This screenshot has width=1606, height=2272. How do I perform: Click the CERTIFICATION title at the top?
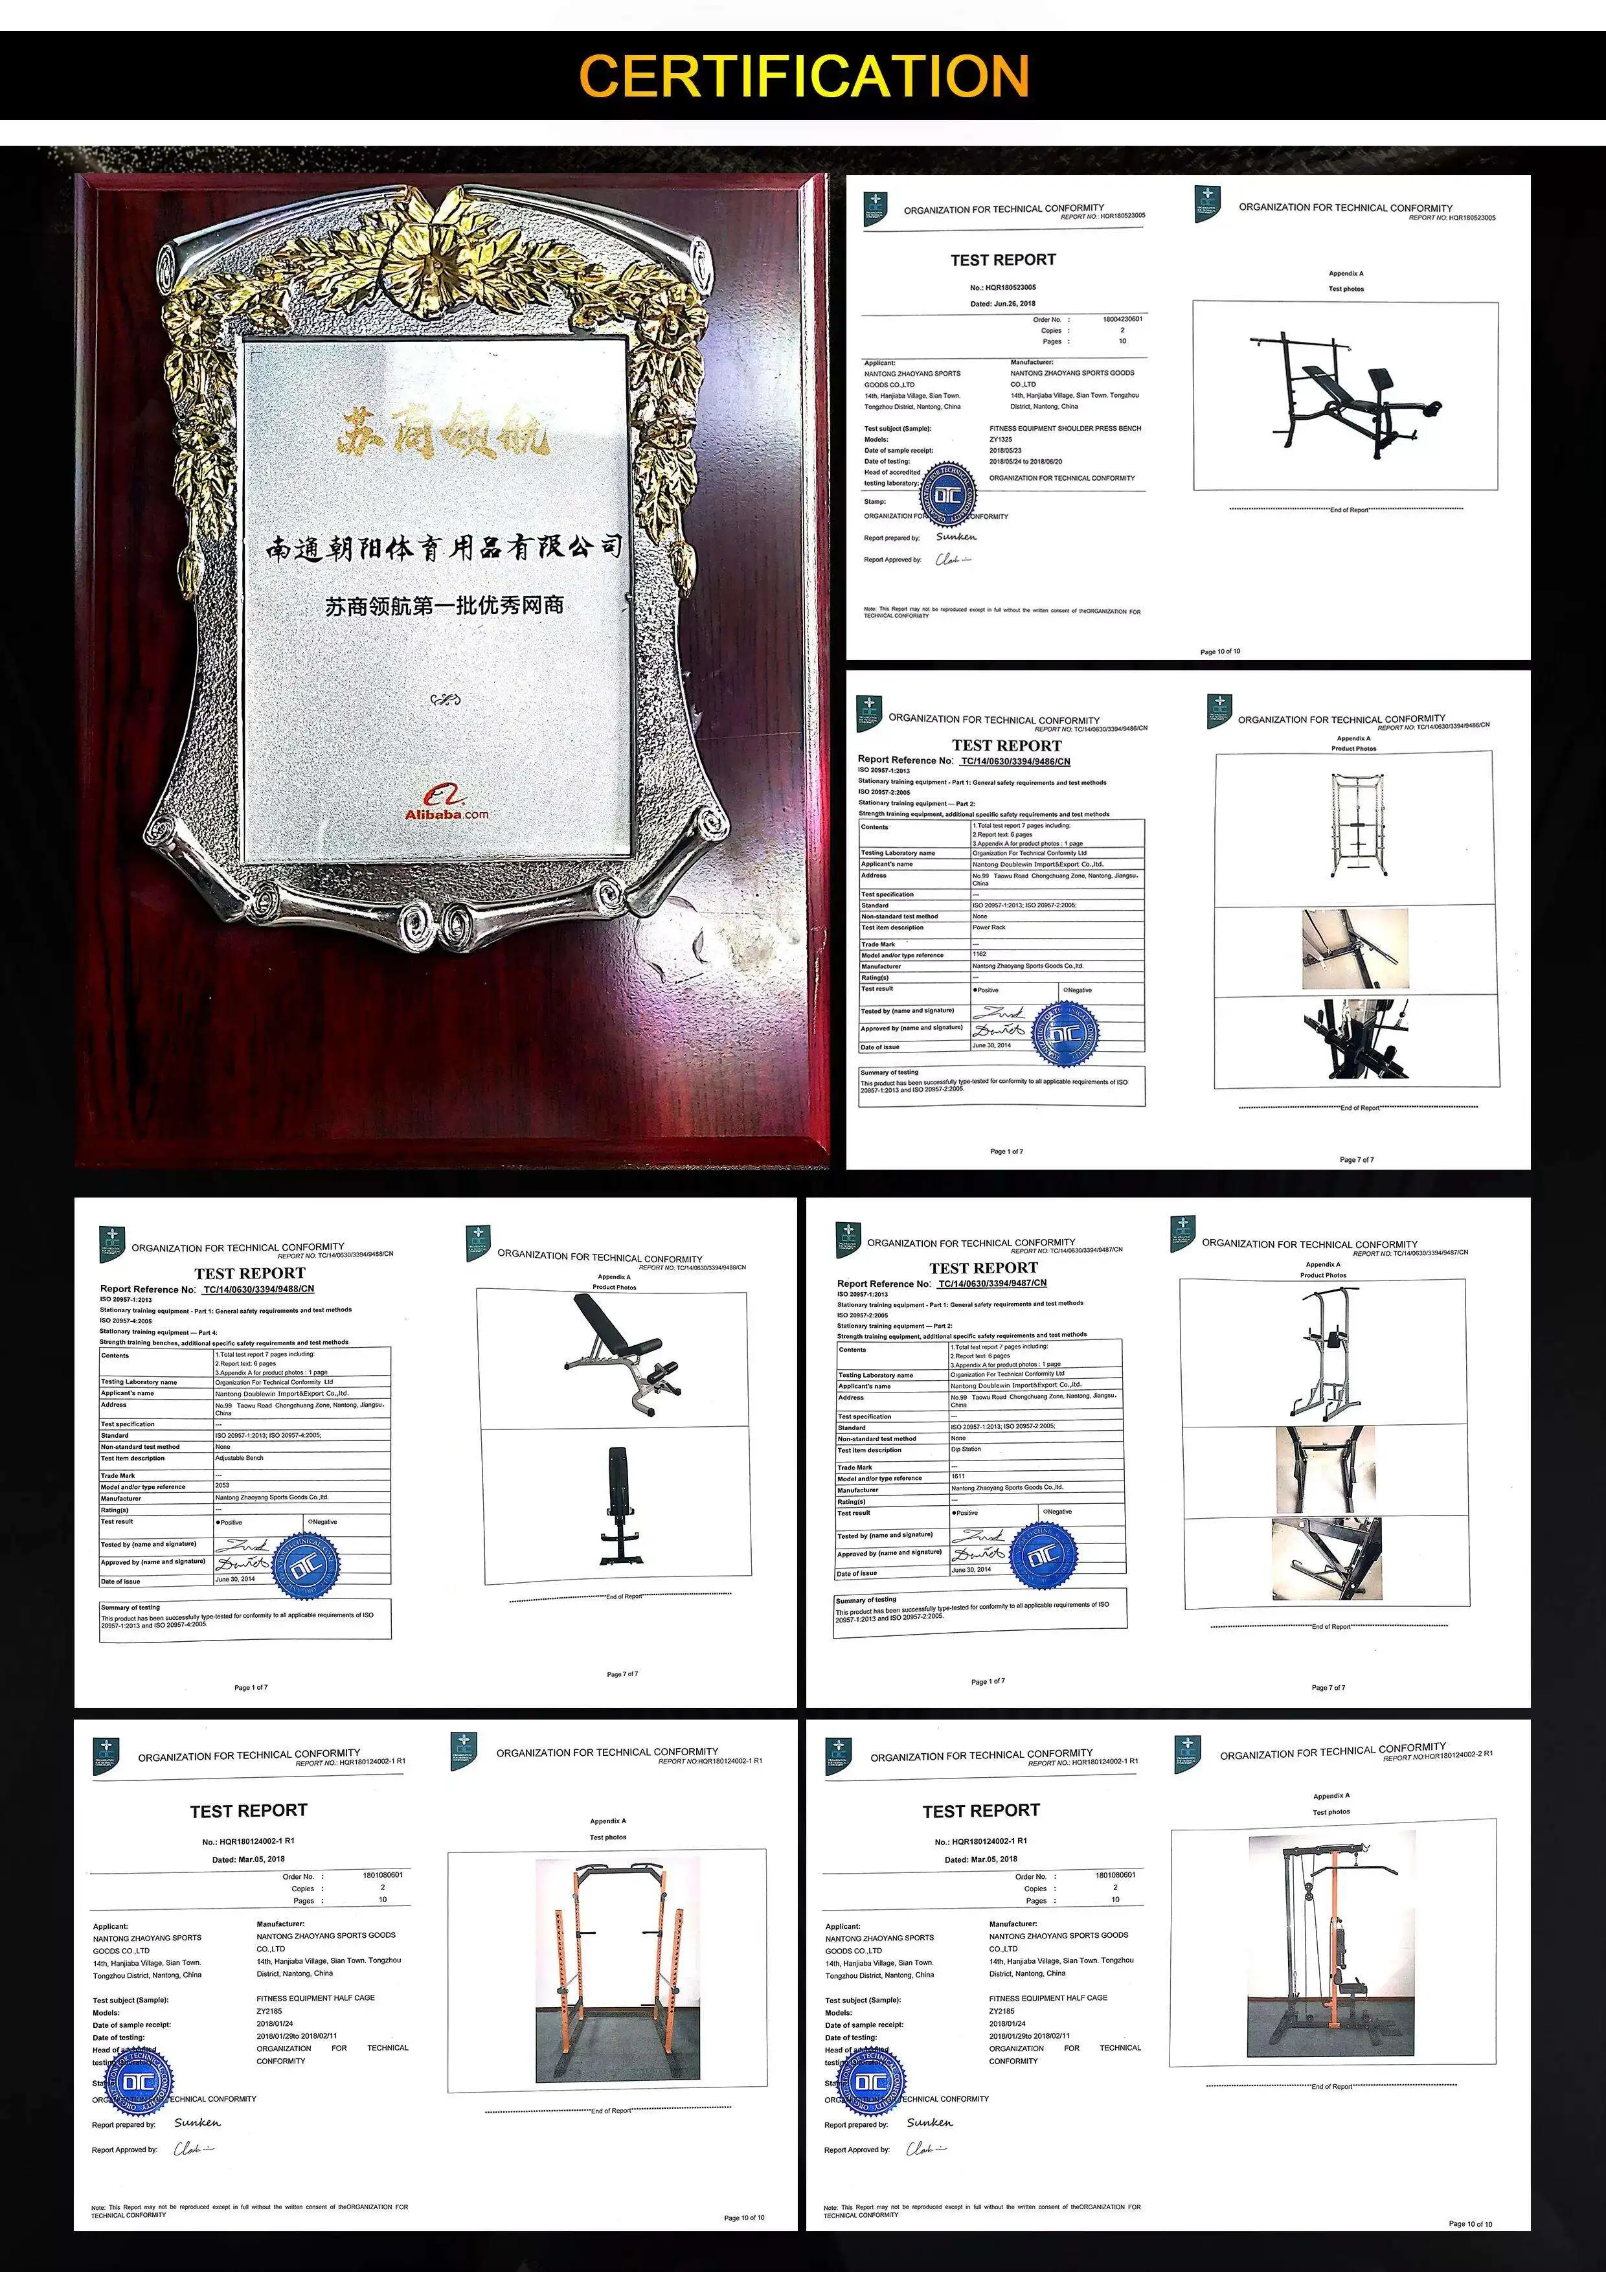coord(804,76)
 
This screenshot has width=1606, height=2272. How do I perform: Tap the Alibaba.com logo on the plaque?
coord(446,804)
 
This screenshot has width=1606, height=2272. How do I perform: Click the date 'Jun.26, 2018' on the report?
coord(1002,304)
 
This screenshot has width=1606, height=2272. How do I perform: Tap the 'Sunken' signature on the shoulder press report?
coord(956,536)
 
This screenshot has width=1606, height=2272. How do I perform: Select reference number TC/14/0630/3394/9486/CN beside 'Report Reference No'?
coord(1015,761)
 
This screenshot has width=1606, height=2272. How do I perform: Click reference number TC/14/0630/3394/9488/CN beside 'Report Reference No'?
coord(258,1289)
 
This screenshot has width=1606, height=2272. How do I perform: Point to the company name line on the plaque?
coord(444,547)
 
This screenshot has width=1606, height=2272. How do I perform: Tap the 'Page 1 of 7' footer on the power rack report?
coord(1006,1151)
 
